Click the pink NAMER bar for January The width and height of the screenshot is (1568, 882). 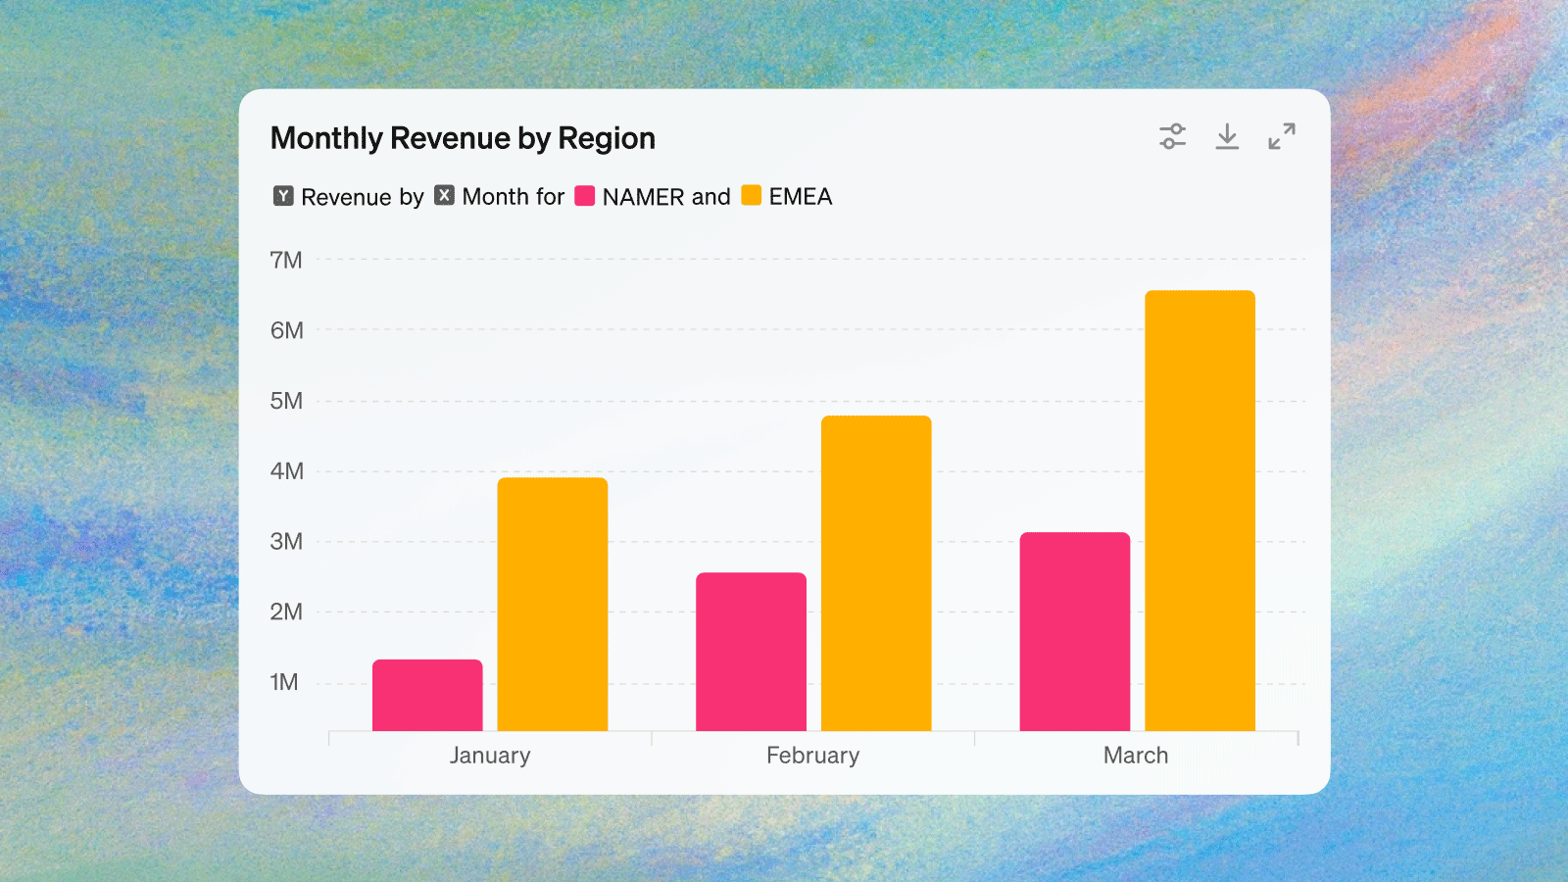(x=427, y=695)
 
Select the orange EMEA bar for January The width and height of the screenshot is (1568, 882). (x=553, y=604)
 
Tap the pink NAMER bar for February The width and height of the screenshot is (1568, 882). (x=751, y=652)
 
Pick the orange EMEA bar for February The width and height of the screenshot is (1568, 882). (x=876, y=573)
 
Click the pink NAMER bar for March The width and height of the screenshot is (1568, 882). (x=1075, y=631)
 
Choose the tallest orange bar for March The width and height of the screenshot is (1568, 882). (x=1200, y=510)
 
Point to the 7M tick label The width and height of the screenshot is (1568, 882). (x=286, y=261)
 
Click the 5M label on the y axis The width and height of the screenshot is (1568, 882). (x=286, y=401)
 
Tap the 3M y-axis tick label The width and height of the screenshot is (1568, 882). (x=286, y=542)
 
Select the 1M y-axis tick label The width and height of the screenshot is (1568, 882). (x=284, y=682)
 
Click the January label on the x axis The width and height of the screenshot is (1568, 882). (x=490, y=756)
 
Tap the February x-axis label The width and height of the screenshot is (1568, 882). (x=812, y=756)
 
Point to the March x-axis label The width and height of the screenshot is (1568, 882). (x=1136, y=756)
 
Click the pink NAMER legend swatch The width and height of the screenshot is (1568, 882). (x=585, y=196)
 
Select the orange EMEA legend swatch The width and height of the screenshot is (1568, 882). (x=752, y=196)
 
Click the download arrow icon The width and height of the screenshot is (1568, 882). (x=1227, y=137)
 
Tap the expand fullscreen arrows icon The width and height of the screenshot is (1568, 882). (x=1282, y=137)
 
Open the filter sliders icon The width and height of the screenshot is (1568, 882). (x=1172, y=137)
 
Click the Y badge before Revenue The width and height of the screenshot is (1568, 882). (x=283, y=196)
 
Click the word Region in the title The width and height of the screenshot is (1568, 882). (x=606, y=139)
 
